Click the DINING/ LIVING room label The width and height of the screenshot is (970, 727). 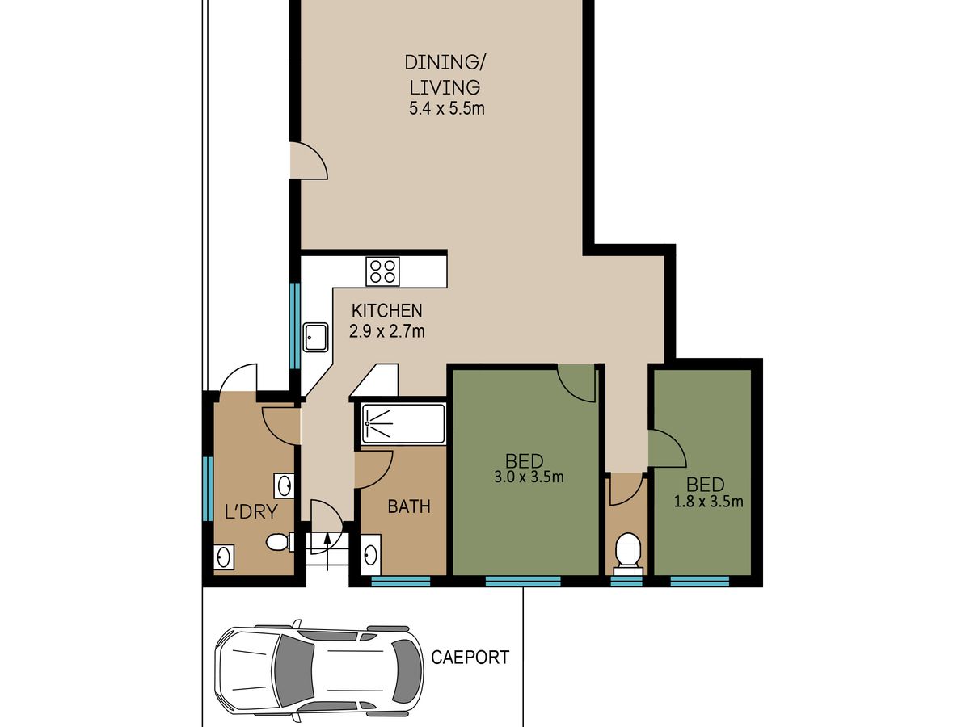pyautogui.click(x=445, y=74)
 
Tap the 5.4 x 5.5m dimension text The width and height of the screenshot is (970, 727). pyautogui.click(x=447, y=108)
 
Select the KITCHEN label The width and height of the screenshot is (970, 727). pyautogui.click(x=386, y=311)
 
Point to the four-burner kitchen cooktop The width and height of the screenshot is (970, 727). pyautogui.click(x=382, y=271)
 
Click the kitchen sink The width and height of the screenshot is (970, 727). pyautogui.click(x=315, y=337)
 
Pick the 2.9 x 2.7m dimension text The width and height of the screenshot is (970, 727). pyautogui.click(x=386, y=331)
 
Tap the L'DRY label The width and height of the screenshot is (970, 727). pyautogui.click(x=251, y=512)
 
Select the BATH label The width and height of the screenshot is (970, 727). pyautogui.click(x=409, y=506)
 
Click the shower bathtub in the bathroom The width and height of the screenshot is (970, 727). pyautogui.click(x=403, y=423)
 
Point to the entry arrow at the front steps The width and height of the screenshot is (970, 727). pyautogui.click(x=327, y=552)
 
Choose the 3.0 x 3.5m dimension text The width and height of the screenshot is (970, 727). pyautogui.click(x=529, y=477)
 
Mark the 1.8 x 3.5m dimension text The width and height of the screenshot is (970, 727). pyautogui.click(x=708, y=502)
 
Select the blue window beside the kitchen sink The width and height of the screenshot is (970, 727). pyautogui.click(x=295, y=326)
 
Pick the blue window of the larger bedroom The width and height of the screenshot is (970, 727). pyautogui.click(x=523, y=581)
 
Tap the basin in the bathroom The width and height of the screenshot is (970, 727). pyautogui.click(x=371, y=555)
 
